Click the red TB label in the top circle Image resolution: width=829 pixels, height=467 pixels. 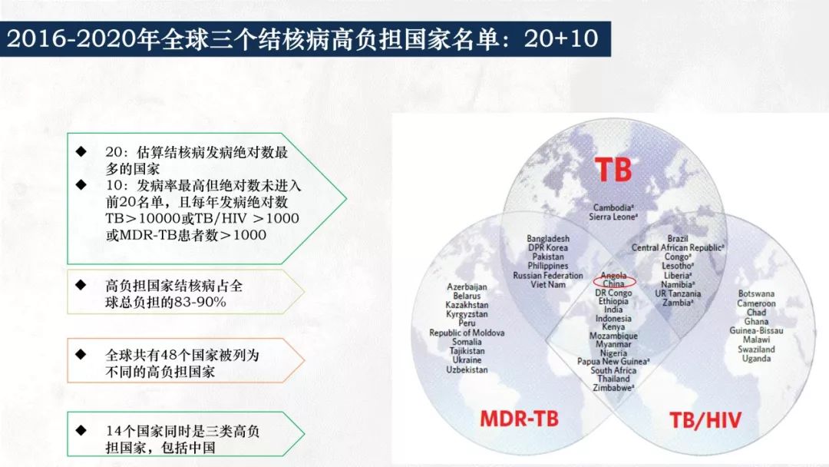613,169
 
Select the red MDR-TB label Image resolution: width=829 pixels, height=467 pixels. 519,419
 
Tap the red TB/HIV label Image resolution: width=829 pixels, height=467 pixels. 705,420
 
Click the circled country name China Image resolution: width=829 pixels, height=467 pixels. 613,284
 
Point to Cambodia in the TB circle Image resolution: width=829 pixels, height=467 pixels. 613,208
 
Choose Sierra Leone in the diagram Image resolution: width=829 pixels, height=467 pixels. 613,217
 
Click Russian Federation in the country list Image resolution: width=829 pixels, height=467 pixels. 548,276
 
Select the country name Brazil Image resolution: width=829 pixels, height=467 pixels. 677,239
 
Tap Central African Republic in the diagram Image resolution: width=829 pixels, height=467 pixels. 677,247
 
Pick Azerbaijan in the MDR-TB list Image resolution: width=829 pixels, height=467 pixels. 467,286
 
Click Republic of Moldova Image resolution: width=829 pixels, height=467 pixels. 467,333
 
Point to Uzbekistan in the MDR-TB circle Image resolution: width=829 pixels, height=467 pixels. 467,369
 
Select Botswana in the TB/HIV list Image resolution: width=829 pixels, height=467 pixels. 756,293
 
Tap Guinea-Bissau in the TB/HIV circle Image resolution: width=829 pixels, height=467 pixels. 756,330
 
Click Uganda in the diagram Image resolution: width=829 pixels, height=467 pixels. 756,359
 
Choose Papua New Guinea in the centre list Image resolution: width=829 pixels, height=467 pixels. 613,362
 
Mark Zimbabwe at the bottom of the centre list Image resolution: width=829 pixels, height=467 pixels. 613,388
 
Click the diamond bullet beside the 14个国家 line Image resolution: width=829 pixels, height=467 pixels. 81,430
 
